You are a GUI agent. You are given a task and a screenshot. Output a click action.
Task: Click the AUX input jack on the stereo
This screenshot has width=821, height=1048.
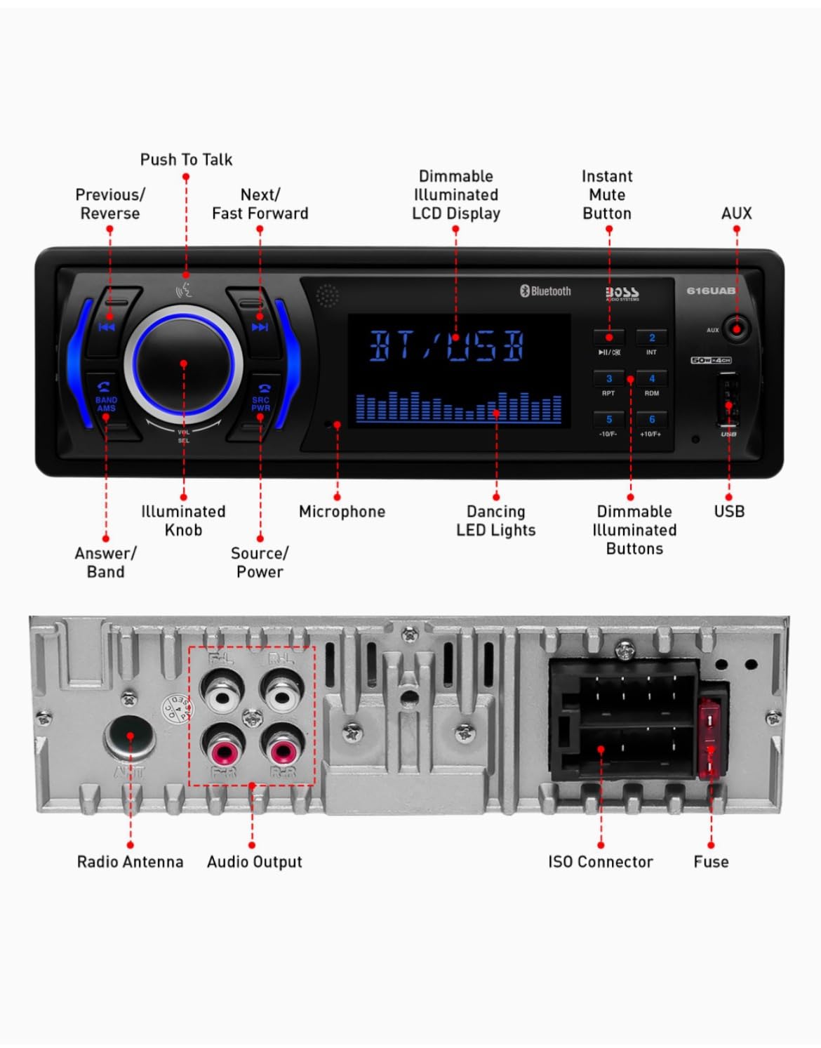736,329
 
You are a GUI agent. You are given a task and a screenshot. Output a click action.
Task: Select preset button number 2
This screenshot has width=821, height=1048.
651,338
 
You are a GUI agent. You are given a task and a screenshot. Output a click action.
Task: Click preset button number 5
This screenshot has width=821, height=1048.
608,420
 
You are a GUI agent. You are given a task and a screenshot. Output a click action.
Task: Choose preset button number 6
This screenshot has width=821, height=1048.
651,420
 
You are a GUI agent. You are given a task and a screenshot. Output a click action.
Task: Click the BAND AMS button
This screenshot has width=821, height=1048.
106,400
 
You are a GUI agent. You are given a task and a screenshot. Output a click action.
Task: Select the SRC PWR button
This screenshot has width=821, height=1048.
260,400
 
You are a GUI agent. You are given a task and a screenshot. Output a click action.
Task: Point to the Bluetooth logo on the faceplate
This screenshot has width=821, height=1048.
545,291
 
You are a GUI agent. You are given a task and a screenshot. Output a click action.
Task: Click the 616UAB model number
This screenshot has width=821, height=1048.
710,291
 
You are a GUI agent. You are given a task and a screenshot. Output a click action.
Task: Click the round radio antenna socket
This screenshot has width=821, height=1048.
130,737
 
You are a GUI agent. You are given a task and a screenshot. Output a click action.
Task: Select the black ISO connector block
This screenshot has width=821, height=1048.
623,719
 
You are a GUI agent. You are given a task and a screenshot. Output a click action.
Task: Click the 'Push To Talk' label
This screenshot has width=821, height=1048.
186,160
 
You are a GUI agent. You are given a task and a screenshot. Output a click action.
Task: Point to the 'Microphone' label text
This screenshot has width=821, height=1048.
342,512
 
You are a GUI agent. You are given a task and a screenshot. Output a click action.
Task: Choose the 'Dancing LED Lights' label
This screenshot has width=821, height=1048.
495,521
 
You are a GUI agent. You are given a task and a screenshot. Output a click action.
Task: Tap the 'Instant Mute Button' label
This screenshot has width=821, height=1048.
607,195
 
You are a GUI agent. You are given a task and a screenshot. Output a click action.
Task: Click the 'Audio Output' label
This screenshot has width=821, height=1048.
254,862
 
